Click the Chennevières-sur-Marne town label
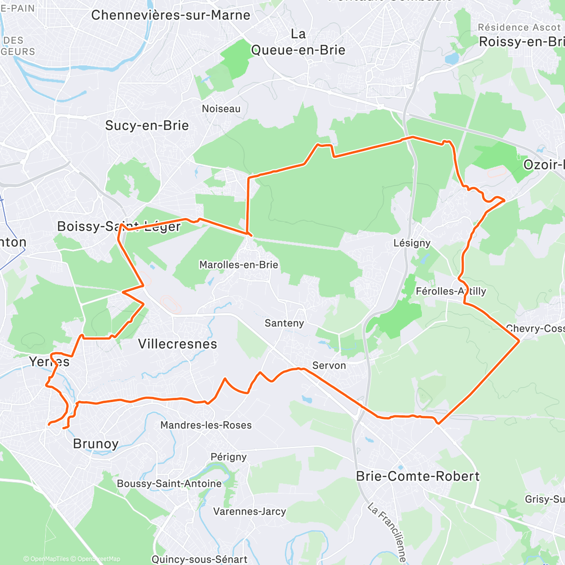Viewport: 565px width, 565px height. (x=170, y=15)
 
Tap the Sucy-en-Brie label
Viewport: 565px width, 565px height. (x=147, y=126)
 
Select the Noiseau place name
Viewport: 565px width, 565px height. (x=221, y=109)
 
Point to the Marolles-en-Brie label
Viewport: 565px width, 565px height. (x=239, y=265)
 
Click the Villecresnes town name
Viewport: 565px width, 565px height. (x=178, y=344)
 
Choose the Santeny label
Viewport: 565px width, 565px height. (x=284, y=323)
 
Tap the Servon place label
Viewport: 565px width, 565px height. (x=329, y=365)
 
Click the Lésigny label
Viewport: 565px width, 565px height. (x=412, y=243)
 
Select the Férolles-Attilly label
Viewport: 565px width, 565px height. (x=451, y=291)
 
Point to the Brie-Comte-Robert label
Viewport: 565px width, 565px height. (x=418, y=476)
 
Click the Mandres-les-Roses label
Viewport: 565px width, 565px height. (x=206, y=425)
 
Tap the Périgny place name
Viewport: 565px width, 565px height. (x=228, y=457)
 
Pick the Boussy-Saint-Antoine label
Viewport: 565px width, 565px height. (x=169, y=484)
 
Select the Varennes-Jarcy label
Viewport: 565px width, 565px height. (x=250, y=511)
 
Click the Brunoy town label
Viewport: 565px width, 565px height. (x=96, y=444)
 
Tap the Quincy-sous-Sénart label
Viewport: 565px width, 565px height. (x=199, y=559)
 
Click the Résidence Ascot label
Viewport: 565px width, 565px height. (x=519, y=28)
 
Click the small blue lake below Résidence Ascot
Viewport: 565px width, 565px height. (x=452, y=58)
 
